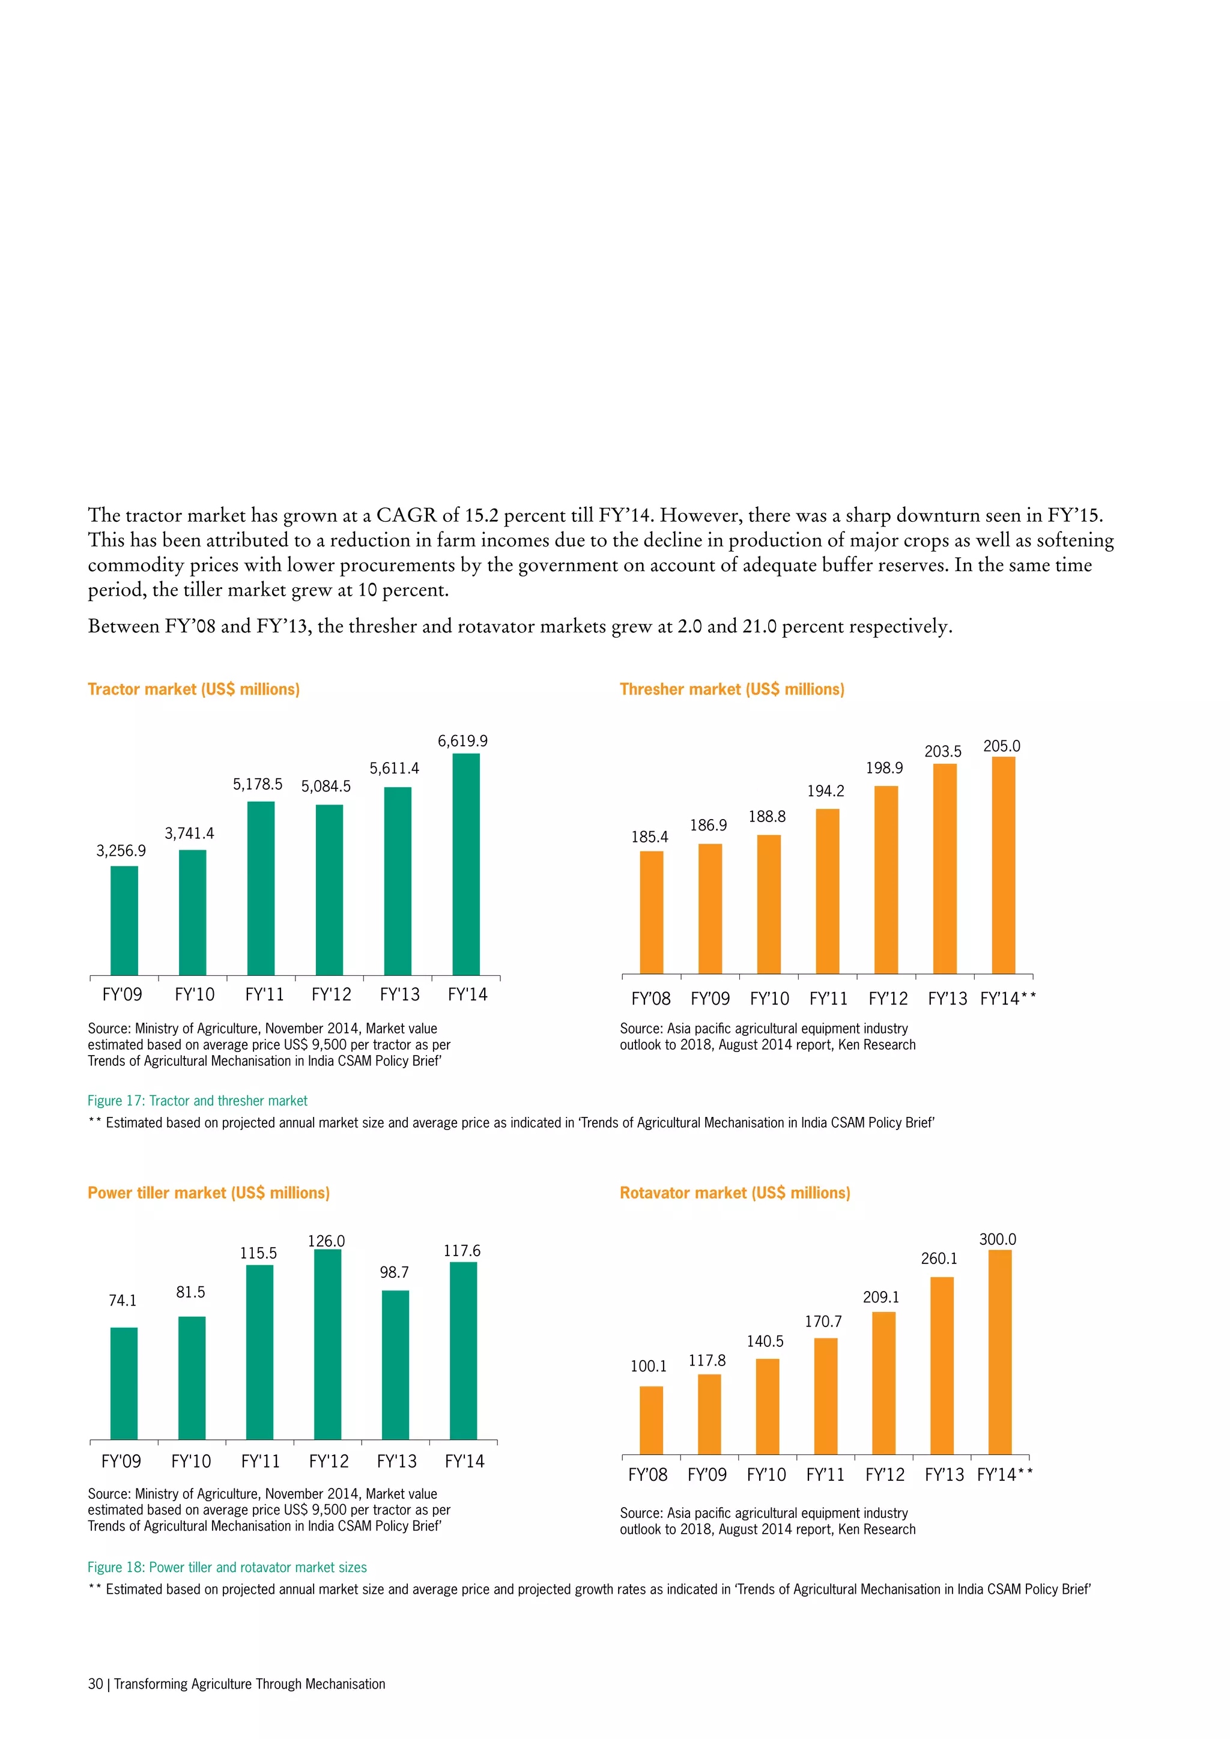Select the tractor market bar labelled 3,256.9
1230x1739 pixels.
coord(124,921)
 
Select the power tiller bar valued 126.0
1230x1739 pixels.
coord(327,1344)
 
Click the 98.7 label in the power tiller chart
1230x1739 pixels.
coord(394,1272)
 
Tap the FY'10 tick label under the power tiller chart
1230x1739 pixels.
coord(191,1461)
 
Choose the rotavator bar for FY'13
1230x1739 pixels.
coord(942,1365)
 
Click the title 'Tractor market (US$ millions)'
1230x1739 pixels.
coord(194,689)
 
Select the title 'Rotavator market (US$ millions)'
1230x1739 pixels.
coord(735,1193)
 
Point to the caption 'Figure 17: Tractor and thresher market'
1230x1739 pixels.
coord(198,1101)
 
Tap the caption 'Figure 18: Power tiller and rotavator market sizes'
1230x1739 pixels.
coord(227,1567)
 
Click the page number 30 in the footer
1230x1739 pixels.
coord(95,1684)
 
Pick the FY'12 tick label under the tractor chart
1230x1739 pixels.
coord(331,994)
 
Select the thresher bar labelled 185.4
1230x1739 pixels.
coord(652,912)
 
